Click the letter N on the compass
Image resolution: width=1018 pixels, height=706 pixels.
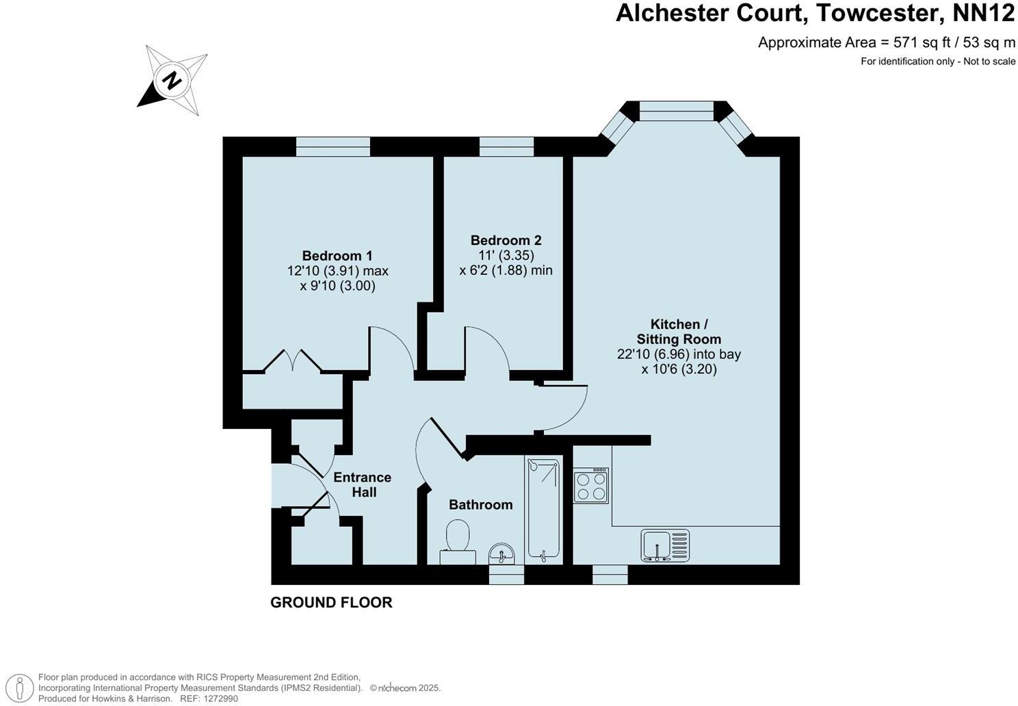tap(172, 81)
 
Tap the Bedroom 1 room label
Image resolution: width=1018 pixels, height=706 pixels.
tap(337, 256)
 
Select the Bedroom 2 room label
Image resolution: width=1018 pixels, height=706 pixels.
tap(506, 240)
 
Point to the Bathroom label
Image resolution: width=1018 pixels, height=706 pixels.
tap(480, 505)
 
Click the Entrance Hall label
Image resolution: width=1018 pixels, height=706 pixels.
tap(363, 484)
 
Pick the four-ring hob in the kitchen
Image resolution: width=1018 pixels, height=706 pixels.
tap(591, 486)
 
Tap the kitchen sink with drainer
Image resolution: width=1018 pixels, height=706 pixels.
tap(666, 545)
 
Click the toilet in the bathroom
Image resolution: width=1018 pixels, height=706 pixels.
tap(458, 542)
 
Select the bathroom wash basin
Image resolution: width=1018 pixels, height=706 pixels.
tap(501, 554)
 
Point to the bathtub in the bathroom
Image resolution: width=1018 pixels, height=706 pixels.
tap(543, 510)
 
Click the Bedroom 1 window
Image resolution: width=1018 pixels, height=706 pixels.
tap(333, 147)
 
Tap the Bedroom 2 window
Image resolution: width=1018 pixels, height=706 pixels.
tap(506, 147)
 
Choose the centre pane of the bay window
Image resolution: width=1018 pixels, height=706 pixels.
tap(676, 111)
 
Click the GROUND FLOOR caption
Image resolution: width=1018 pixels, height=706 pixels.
tap(331, 603)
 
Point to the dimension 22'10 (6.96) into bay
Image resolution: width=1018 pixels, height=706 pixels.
tap(679, 354)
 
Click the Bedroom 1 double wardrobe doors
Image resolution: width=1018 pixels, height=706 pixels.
tap(292, 361)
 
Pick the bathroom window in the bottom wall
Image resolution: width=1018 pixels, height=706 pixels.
tap(506, 575)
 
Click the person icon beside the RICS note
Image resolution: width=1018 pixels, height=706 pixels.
tap(19, 688)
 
